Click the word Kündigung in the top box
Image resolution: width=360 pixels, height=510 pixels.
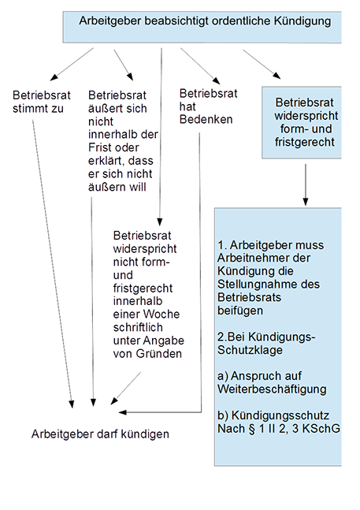tap(302, 21)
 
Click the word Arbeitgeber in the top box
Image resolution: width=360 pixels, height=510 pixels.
tap(109, 21)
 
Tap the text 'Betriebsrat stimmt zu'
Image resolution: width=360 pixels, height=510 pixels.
tap(41, 102)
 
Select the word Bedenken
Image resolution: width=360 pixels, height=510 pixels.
tap(206, 119)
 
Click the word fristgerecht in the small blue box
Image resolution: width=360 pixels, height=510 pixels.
tap(304, 142)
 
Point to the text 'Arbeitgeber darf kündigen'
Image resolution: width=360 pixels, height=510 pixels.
tap(100, 434)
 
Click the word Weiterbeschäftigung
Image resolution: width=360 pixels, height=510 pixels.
tap(272, 389)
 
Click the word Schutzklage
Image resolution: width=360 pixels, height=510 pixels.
tap(250, 350)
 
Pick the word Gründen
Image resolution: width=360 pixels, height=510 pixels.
tap(159, 354)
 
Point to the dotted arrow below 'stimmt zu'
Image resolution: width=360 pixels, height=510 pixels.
tap(52, 264)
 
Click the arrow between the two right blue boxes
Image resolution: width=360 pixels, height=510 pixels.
tap(305, 184)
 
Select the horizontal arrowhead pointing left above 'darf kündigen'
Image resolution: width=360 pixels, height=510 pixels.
tap(122, 412)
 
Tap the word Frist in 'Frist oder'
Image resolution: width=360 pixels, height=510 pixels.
tap(98, 147)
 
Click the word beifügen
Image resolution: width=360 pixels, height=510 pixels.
tap(240, 311)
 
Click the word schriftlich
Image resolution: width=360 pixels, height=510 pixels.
tap(138, 328)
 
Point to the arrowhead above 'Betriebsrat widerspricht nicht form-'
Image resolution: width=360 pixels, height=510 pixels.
tap(160, 221)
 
